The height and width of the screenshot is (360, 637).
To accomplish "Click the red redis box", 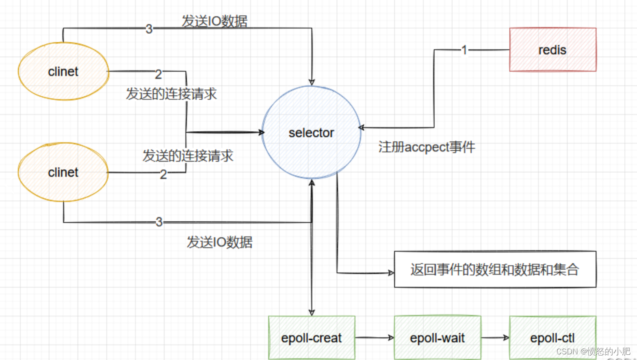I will click(552, 50).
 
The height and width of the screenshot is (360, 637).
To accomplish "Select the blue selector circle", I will click(311, 133).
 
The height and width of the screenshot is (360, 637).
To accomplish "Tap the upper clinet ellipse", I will click(63, 71).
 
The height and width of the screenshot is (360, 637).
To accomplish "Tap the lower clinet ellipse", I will click(63, 172).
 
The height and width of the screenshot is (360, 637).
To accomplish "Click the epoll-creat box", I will click(311, 338).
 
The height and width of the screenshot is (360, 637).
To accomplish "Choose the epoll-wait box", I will click(437, 338).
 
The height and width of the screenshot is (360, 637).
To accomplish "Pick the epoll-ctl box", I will click(552, 338).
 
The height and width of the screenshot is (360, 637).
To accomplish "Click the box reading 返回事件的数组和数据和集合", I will click(495, 269).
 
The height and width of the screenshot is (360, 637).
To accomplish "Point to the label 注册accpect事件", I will click(426, 147).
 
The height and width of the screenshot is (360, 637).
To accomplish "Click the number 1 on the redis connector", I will click(464, 50).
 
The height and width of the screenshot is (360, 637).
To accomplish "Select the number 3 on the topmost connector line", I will click(149, 29).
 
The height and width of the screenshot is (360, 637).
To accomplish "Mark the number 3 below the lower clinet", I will click(159, 222).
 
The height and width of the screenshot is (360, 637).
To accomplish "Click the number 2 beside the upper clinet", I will click(158, 74).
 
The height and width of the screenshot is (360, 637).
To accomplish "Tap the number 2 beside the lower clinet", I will click(163, 174).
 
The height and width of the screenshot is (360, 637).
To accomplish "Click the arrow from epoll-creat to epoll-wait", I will click(374, 338).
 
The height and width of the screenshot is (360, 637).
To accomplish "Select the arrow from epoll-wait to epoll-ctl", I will click(495, 338).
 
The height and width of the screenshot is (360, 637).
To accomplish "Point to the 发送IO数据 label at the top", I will click(214, 21).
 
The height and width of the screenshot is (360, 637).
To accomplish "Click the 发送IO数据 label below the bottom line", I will click(219, 242).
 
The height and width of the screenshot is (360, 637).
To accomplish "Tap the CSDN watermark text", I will click(593, 351).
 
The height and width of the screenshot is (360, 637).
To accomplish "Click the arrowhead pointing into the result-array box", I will click(391, 273).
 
